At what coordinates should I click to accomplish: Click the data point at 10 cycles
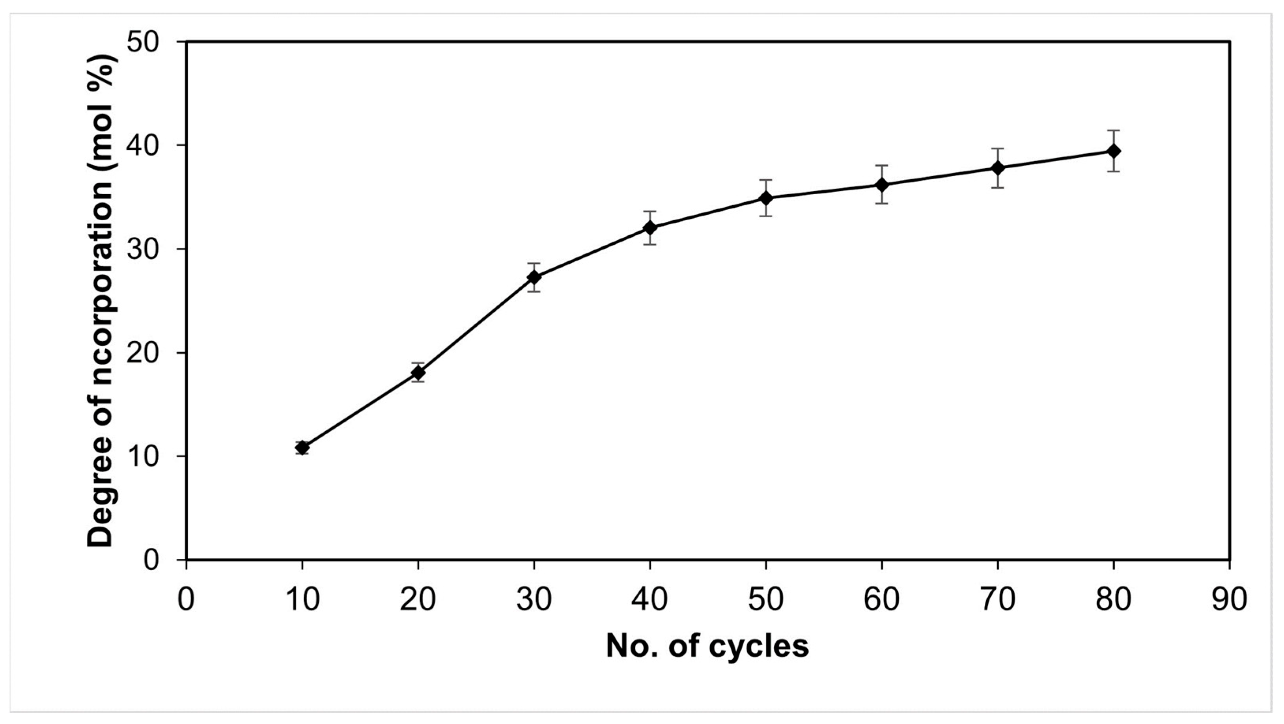coord(302,447)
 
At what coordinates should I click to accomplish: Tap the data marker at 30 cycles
coord(534,277)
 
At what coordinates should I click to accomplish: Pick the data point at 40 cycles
coord(649,228)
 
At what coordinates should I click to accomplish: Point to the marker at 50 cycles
coord(766,198)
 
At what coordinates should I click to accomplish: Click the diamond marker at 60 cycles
coord(882,185)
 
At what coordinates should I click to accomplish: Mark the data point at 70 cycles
coord(997,168)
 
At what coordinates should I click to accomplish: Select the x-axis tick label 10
coord(302,599)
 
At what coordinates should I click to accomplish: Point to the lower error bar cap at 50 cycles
coord(766,215)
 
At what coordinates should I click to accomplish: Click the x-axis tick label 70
coord(997,599)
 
